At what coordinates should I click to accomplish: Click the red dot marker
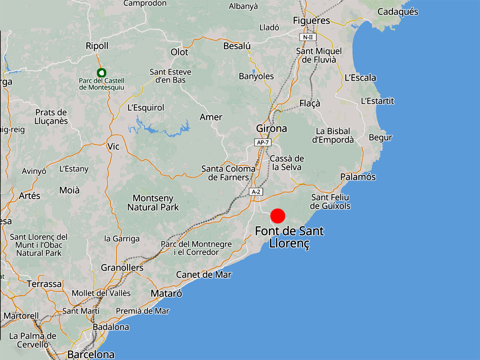click(x=277, y=216)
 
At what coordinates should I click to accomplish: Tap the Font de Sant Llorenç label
click(x=289, y=237)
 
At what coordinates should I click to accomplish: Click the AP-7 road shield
click(x=263, y=142)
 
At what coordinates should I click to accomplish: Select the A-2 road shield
click(x=256, y=192)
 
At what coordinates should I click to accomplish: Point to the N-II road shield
click(x=308, y=37)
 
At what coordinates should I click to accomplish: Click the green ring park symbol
click(x=101, y=73)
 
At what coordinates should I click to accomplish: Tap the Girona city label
click(x=271, y=129)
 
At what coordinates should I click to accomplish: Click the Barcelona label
click(x=91, y=354)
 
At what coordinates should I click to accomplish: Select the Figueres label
click(x=311, y=20)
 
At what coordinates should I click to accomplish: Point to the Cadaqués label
click(x=398, y=12)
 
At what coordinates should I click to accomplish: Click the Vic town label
click(x=113, y=147)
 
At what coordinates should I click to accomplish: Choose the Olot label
click(x=180, y=52)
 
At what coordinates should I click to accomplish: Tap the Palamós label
click(x=358, y=177)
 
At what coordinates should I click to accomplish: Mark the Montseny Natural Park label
click(x=153, y=203)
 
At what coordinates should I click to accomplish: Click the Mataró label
click(x=166, y=293)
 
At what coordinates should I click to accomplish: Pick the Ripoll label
click(x=97, y=46)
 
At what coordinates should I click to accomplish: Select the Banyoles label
click(x=256, y=76)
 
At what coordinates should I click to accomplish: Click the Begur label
click(x=380, y=138)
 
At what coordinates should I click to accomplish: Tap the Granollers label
click(x=122, y=268)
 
